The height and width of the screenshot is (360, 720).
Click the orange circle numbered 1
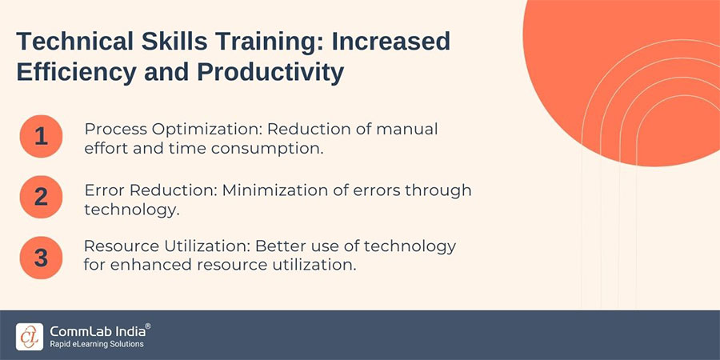[x=41, y=137]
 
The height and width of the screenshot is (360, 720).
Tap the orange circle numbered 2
[x=41, y=198]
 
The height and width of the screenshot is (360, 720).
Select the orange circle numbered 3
[x=41, y=257]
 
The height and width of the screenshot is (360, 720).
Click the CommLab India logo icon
[x=30, y=335]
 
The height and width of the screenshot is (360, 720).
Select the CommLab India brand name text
[x=95, y=330]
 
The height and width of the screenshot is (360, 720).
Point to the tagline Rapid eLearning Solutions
[x=96, y=344]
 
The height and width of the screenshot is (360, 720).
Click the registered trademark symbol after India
[x=147, y=326]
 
